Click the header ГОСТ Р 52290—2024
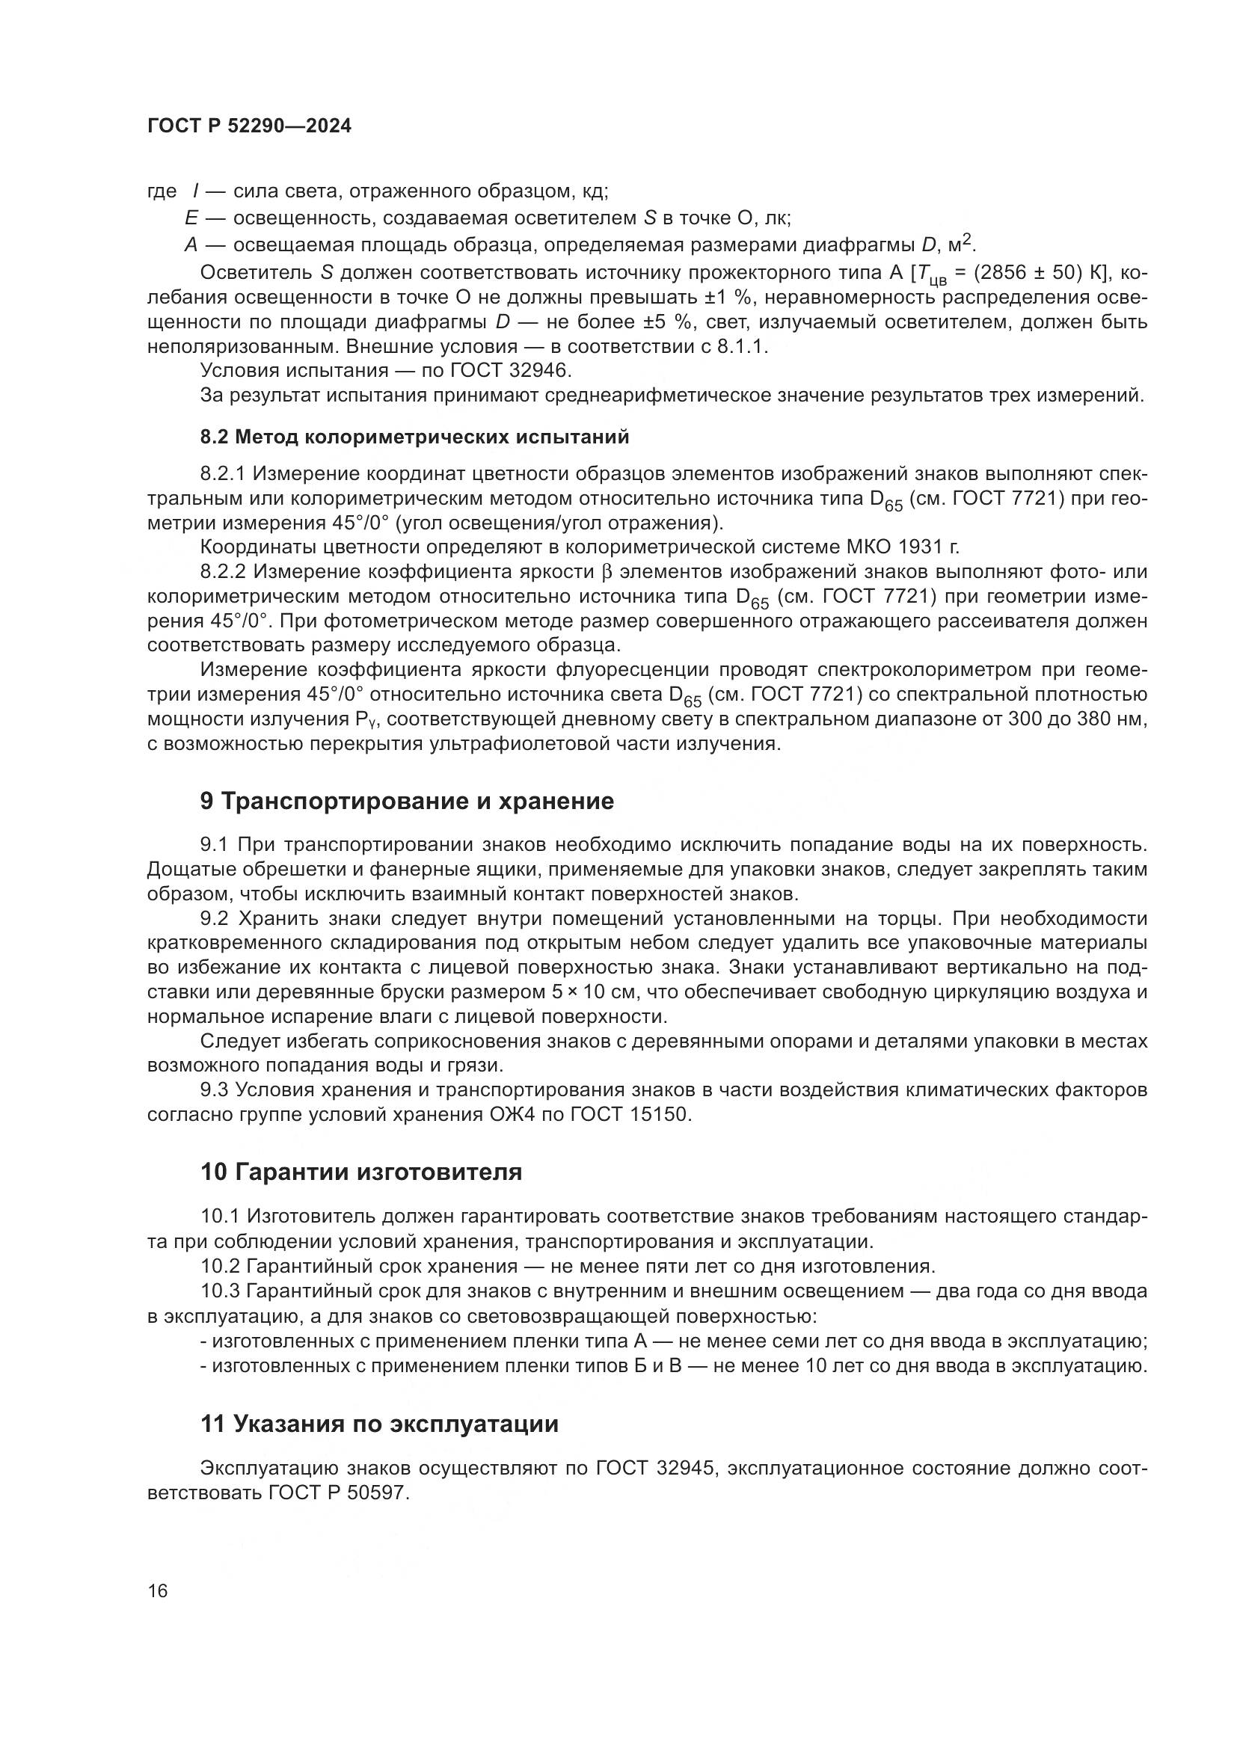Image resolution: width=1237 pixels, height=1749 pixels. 249,126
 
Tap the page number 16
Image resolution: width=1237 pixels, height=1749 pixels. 158,1590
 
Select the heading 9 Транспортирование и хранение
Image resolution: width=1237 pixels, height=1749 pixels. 407,801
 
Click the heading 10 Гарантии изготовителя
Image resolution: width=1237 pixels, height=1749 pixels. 361,1172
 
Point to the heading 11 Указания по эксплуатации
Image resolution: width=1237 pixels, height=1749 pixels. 379,1424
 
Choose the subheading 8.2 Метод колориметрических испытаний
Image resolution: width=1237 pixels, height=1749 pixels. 414,437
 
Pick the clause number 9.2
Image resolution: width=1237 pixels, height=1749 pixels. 214,919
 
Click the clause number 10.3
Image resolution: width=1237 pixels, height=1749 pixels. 220,1291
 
